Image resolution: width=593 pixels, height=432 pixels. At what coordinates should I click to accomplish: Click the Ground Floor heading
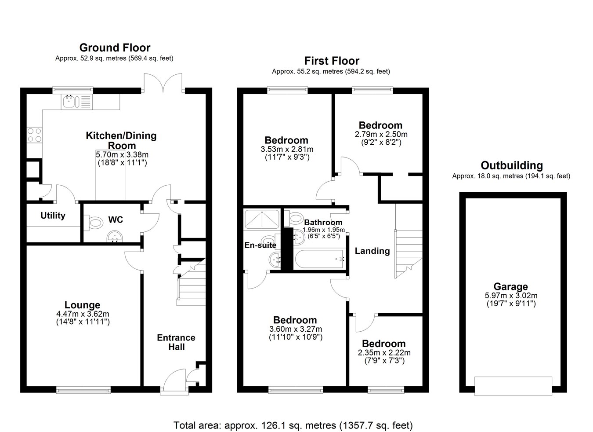[x=115, y=48]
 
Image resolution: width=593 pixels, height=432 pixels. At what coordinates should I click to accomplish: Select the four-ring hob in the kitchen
[x=34, y=135]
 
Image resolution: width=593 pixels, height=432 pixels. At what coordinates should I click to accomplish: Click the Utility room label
[x=53, y=216]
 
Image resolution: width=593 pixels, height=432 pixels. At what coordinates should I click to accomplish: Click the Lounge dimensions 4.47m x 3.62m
[x=83, y=314]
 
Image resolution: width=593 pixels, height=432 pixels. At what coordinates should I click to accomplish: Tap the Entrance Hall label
[x=176, y=342]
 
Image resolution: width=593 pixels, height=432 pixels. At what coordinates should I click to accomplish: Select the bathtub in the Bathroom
[x=319, y=259]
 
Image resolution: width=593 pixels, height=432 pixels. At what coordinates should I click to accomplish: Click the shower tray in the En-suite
[x=262, y=220]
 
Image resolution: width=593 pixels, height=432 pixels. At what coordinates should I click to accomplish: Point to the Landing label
[x=372, y=251]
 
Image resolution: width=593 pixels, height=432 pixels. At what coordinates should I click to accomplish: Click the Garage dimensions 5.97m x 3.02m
[x=511, y=296]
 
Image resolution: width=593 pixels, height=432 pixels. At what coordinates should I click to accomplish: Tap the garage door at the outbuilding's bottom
[x=513, y=386]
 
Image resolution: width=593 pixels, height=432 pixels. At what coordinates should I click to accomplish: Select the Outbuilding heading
[x=512, y=165]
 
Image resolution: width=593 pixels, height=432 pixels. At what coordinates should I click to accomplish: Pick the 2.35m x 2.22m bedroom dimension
[x=384, y=353]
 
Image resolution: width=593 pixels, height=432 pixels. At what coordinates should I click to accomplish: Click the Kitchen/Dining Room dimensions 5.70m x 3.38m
[x=122, y=154]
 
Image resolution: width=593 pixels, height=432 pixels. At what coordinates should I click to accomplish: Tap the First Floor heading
[x=332, y=61]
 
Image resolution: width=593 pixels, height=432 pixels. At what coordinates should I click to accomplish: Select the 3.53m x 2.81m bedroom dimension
[x=287, y=149]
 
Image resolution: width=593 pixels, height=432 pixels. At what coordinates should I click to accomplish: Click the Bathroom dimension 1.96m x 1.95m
[x=323, y=230]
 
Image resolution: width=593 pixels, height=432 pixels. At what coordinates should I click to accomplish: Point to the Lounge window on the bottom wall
[x=83, y=390]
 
